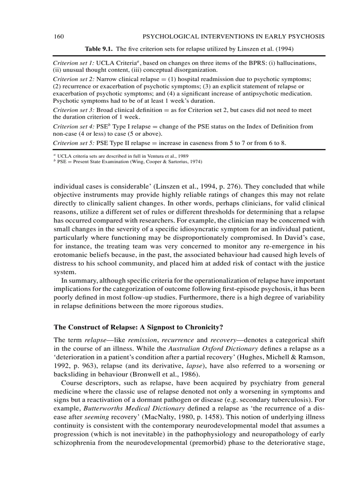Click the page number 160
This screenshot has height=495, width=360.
(x=59, y=36)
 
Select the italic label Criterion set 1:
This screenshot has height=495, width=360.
(x=73, y=63)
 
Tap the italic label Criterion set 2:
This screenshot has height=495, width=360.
(x=73, y=79)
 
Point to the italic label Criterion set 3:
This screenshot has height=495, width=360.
(x=73, y=110)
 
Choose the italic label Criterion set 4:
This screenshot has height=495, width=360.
(x=73, y=127)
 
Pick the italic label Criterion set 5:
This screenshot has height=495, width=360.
(x=73, y=143)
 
